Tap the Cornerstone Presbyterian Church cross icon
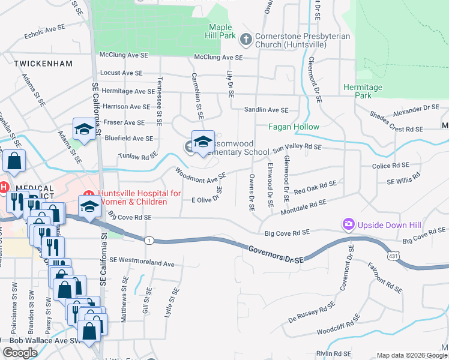tap(246, 40)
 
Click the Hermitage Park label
tap(362, 91)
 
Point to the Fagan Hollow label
tap(294, 127)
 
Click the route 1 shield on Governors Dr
tap(148, 240)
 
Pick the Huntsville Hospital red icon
tap(89, 194)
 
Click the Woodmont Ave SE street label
tap(200, 175)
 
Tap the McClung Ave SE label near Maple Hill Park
tap(218, 58)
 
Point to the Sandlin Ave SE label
tap(266, 110)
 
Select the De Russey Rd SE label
tap(311, 312)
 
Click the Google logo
tap(20, 353)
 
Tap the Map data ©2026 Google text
tap(411, 355)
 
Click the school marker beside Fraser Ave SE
tap(83, 128)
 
